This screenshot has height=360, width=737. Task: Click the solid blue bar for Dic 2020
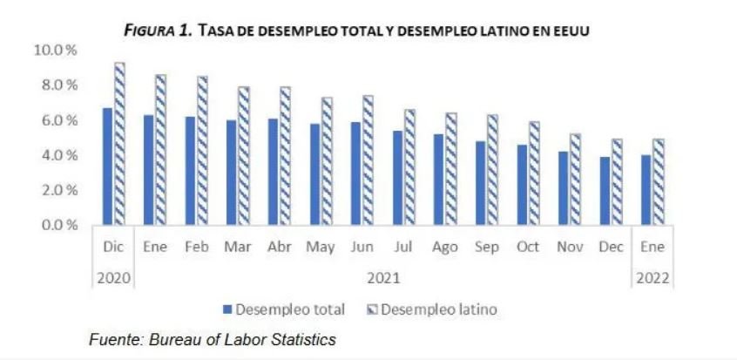[107, 166]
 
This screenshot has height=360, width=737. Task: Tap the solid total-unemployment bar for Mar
[231, 173]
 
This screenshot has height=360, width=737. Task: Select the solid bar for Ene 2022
[646, 190]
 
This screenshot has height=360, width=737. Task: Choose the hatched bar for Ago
[450, 169]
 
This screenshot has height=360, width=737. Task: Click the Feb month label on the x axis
[197, 248]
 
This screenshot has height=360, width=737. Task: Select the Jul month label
[402, 248]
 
